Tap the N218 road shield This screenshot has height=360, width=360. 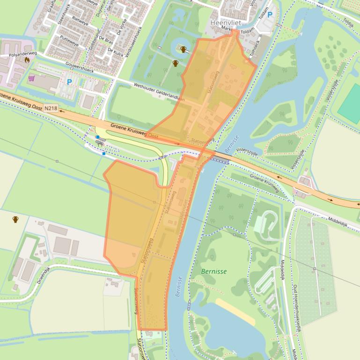pyautogui.click(x=51, y=108)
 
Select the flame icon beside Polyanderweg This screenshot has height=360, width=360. pyautogui.click(x=27, y=60)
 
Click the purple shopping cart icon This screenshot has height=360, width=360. pyautogui.click(x=31, y=78)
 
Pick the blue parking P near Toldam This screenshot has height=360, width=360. pyautogui.click(x=270, y=15)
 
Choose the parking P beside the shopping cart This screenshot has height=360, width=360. pyautogui.click(x=69, y=82)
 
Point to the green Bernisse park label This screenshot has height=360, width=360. pyautogui.click(x=214, y=271)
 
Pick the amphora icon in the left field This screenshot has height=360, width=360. pyautogui.click(x=15, y=219)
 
